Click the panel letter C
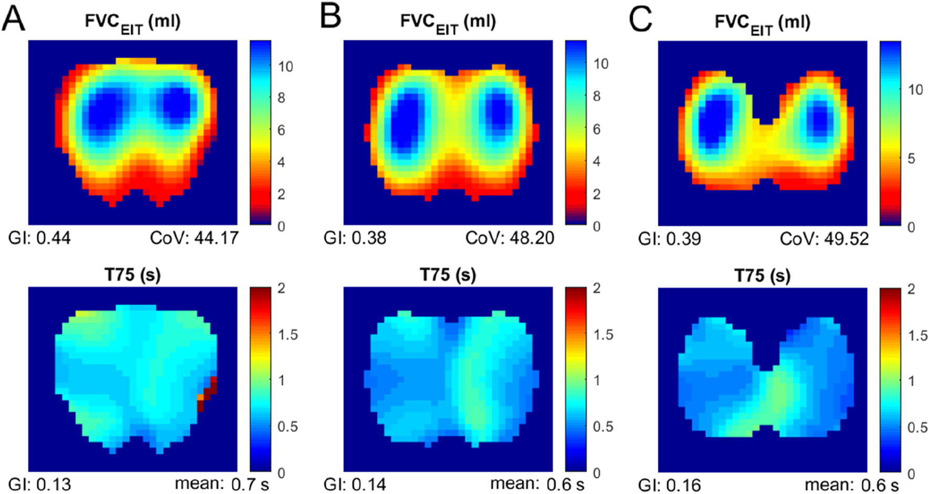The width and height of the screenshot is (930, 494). [640, 19]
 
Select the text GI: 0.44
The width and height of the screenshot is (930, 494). [39, 238]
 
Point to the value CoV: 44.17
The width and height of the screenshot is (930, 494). [194, 238]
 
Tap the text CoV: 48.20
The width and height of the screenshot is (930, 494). [510, 238]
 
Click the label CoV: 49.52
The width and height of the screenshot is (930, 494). [824, 239]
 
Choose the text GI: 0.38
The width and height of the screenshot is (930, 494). [355, 238]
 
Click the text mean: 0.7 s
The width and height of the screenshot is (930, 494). [221, 484]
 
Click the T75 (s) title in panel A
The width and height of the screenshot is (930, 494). [133, 275]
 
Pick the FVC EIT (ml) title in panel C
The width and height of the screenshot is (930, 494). [762, 23]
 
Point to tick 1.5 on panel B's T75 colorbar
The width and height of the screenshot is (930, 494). [603, 334]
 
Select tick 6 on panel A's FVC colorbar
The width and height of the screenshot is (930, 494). [281, 130]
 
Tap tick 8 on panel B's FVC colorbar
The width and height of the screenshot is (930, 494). [596, 97]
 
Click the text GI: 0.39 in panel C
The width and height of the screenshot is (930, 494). [669, 239]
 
